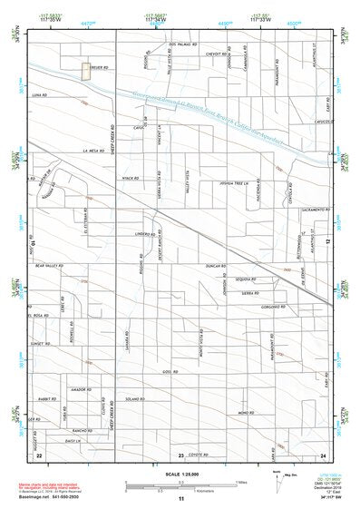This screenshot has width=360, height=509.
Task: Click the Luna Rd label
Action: coord(38,94)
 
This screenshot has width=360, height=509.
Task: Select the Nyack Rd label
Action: coord(129,177)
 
